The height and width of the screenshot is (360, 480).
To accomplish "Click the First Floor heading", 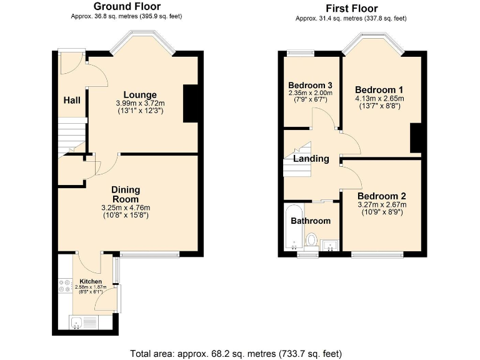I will [351, 8].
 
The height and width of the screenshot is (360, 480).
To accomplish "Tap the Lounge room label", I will [139, 95].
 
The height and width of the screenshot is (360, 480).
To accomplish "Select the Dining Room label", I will [126, 194].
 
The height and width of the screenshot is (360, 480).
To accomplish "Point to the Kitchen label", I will [91, 282].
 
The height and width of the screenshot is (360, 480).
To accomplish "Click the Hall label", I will [71, 99].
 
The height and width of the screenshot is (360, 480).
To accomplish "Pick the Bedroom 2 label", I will [381, 195].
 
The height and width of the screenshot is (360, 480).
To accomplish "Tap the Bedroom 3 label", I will [309, 85].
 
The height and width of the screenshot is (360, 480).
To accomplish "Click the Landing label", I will [311, 159].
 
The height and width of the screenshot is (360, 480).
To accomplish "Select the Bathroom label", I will [311, 221].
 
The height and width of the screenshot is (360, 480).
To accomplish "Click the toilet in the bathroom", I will [311, 239].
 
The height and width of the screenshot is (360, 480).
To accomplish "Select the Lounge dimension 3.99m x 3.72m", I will [139, 104].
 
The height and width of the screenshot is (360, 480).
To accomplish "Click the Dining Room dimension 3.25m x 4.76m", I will [126, 207].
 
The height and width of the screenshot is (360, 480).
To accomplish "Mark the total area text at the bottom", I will [236, 353].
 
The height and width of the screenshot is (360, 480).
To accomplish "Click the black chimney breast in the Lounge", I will [191, 103].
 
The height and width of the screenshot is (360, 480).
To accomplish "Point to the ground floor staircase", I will [72, 137].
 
